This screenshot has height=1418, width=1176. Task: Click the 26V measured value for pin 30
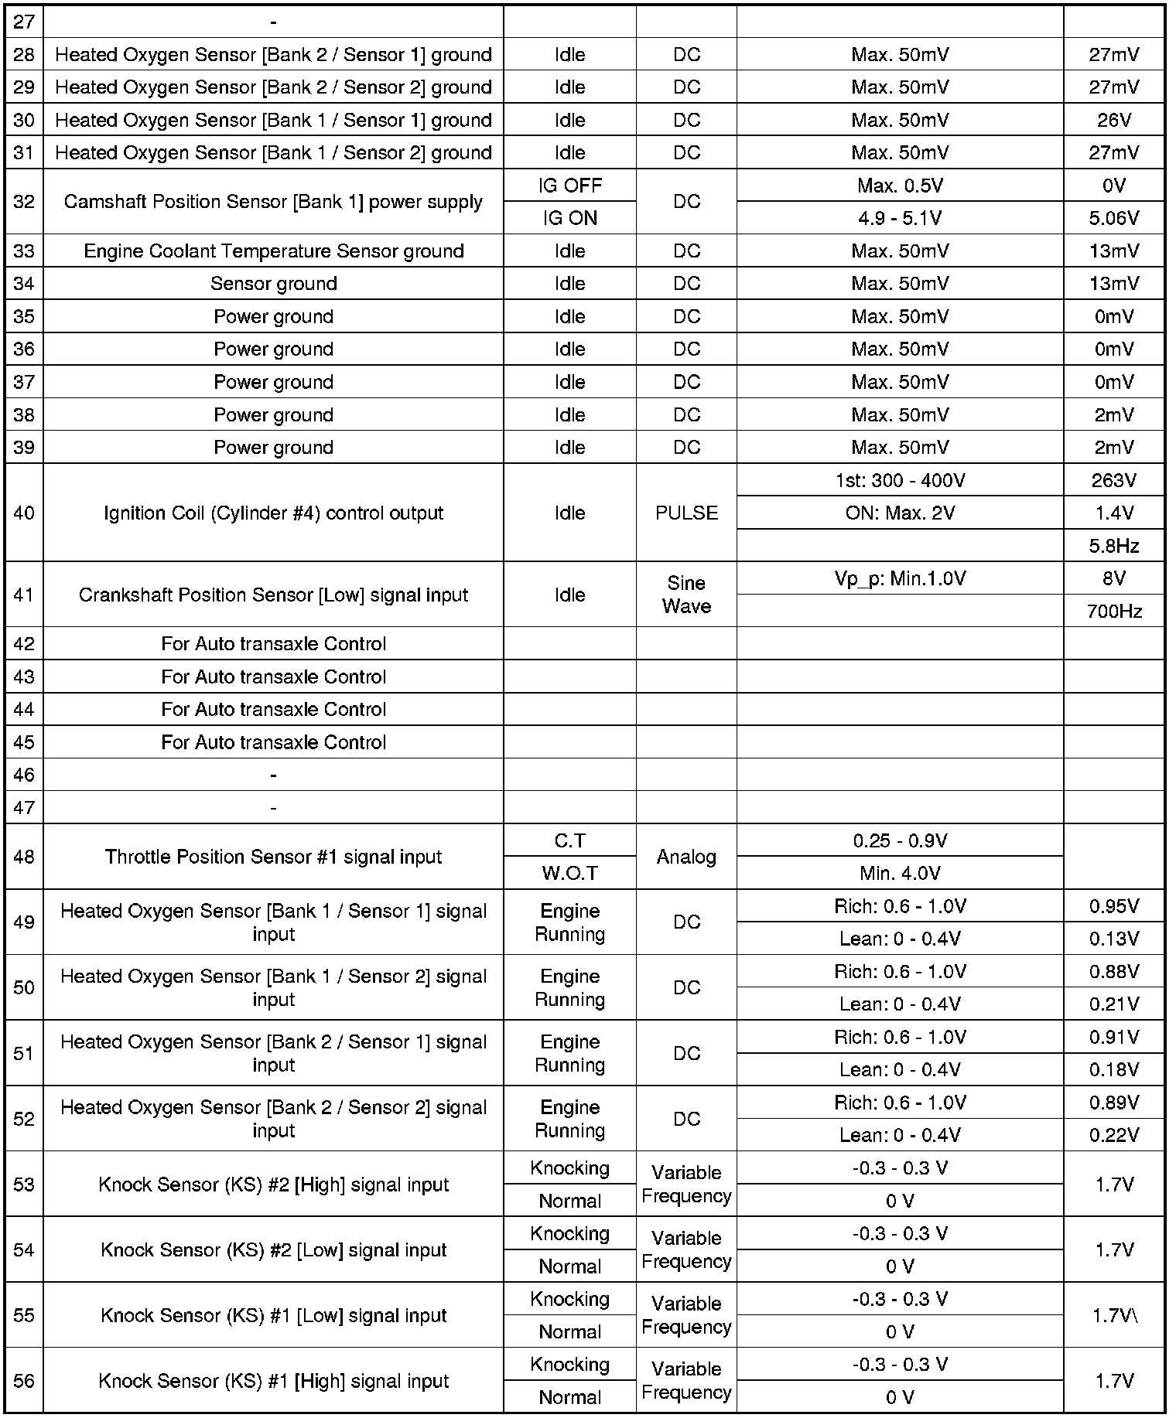point(1113,121)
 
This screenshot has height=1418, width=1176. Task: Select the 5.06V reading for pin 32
point(1113,219)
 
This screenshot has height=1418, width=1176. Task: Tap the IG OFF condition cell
point(569,186)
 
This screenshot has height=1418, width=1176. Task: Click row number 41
point(24,595)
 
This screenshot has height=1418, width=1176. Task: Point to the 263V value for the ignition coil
point(1113,481)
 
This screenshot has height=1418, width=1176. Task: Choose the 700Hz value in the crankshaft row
point(1113,612)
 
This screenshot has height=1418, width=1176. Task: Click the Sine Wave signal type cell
point(686,595)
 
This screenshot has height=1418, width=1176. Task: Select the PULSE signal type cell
point(686,513)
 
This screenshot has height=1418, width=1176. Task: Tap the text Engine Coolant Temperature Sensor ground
point(273,251)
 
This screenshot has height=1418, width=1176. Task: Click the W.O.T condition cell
point(569,874)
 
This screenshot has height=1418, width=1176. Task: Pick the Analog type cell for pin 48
point(686,857)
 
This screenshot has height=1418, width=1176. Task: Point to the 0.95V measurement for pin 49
point(1113,906)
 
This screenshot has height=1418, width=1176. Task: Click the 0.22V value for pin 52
point(1113,1135)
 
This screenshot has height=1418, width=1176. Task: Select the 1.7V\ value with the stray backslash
point(1115,1315)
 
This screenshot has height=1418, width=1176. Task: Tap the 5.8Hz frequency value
point(1113,547)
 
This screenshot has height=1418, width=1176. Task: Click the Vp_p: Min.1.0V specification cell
point(900,579)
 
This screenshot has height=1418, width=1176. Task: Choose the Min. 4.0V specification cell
point(900,874)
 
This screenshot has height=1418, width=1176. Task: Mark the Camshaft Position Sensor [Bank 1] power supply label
point(273,202)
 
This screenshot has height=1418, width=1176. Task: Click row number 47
point(24,808)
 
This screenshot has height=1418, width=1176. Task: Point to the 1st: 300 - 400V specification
point(900,481)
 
